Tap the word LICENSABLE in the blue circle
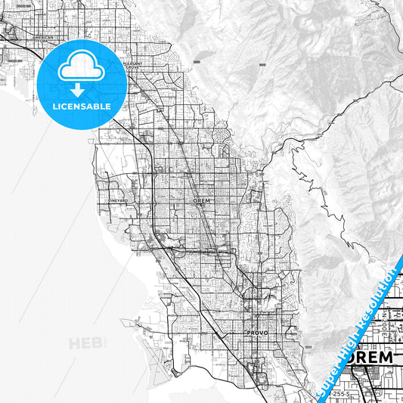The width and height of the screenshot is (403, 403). [82, 106]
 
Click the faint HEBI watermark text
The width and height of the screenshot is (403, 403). [88, 344]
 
